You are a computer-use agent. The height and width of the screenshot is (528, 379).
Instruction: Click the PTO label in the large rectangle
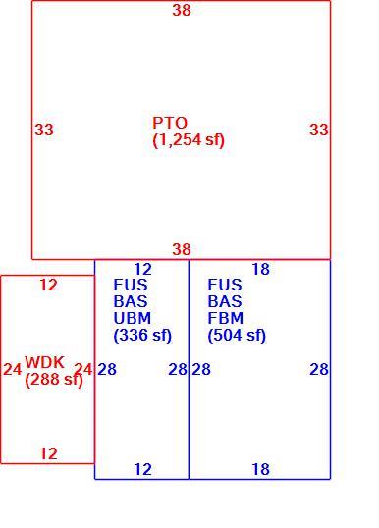170,123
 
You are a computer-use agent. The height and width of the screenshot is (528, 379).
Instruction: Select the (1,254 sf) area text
189,139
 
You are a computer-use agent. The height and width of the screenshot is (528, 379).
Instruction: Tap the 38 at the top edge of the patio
182,10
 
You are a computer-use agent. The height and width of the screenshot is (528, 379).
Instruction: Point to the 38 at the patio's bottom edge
182,249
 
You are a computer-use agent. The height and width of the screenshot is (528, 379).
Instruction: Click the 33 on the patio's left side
44,130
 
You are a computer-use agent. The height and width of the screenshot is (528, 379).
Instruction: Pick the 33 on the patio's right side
319,130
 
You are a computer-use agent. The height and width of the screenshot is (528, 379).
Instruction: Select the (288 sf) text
54,380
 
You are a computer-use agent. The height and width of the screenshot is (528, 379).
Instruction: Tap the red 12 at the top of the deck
48,286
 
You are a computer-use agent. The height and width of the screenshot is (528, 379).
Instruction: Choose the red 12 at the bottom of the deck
48,454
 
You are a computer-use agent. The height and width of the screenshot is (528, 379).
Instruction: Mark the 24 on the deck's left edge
13,369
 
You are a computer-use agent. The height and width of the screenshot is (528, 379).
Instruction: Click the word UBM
133,318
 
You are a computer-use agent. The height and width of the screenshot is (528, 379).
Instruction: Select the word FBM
226,318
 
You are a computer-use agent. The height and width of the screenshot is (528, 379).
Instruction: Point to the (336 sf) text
142,336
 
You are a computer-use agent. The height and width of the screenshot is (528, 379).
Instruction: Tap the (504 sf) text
237,336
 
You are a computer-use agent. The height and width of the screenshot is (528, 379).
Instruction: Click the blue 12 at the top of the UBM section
142,269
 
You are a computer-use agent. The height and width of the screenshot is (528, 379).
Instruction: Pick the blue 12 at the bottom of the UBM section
142,469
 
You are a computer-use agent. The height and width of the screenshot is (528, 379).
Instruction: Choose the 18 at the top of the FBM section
261,269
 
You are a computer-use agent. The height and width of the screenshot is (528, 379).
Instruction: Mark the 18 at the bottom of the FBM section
261,469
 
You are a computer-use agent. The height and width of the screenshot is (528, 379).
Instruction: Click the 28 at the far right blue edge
319,369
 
